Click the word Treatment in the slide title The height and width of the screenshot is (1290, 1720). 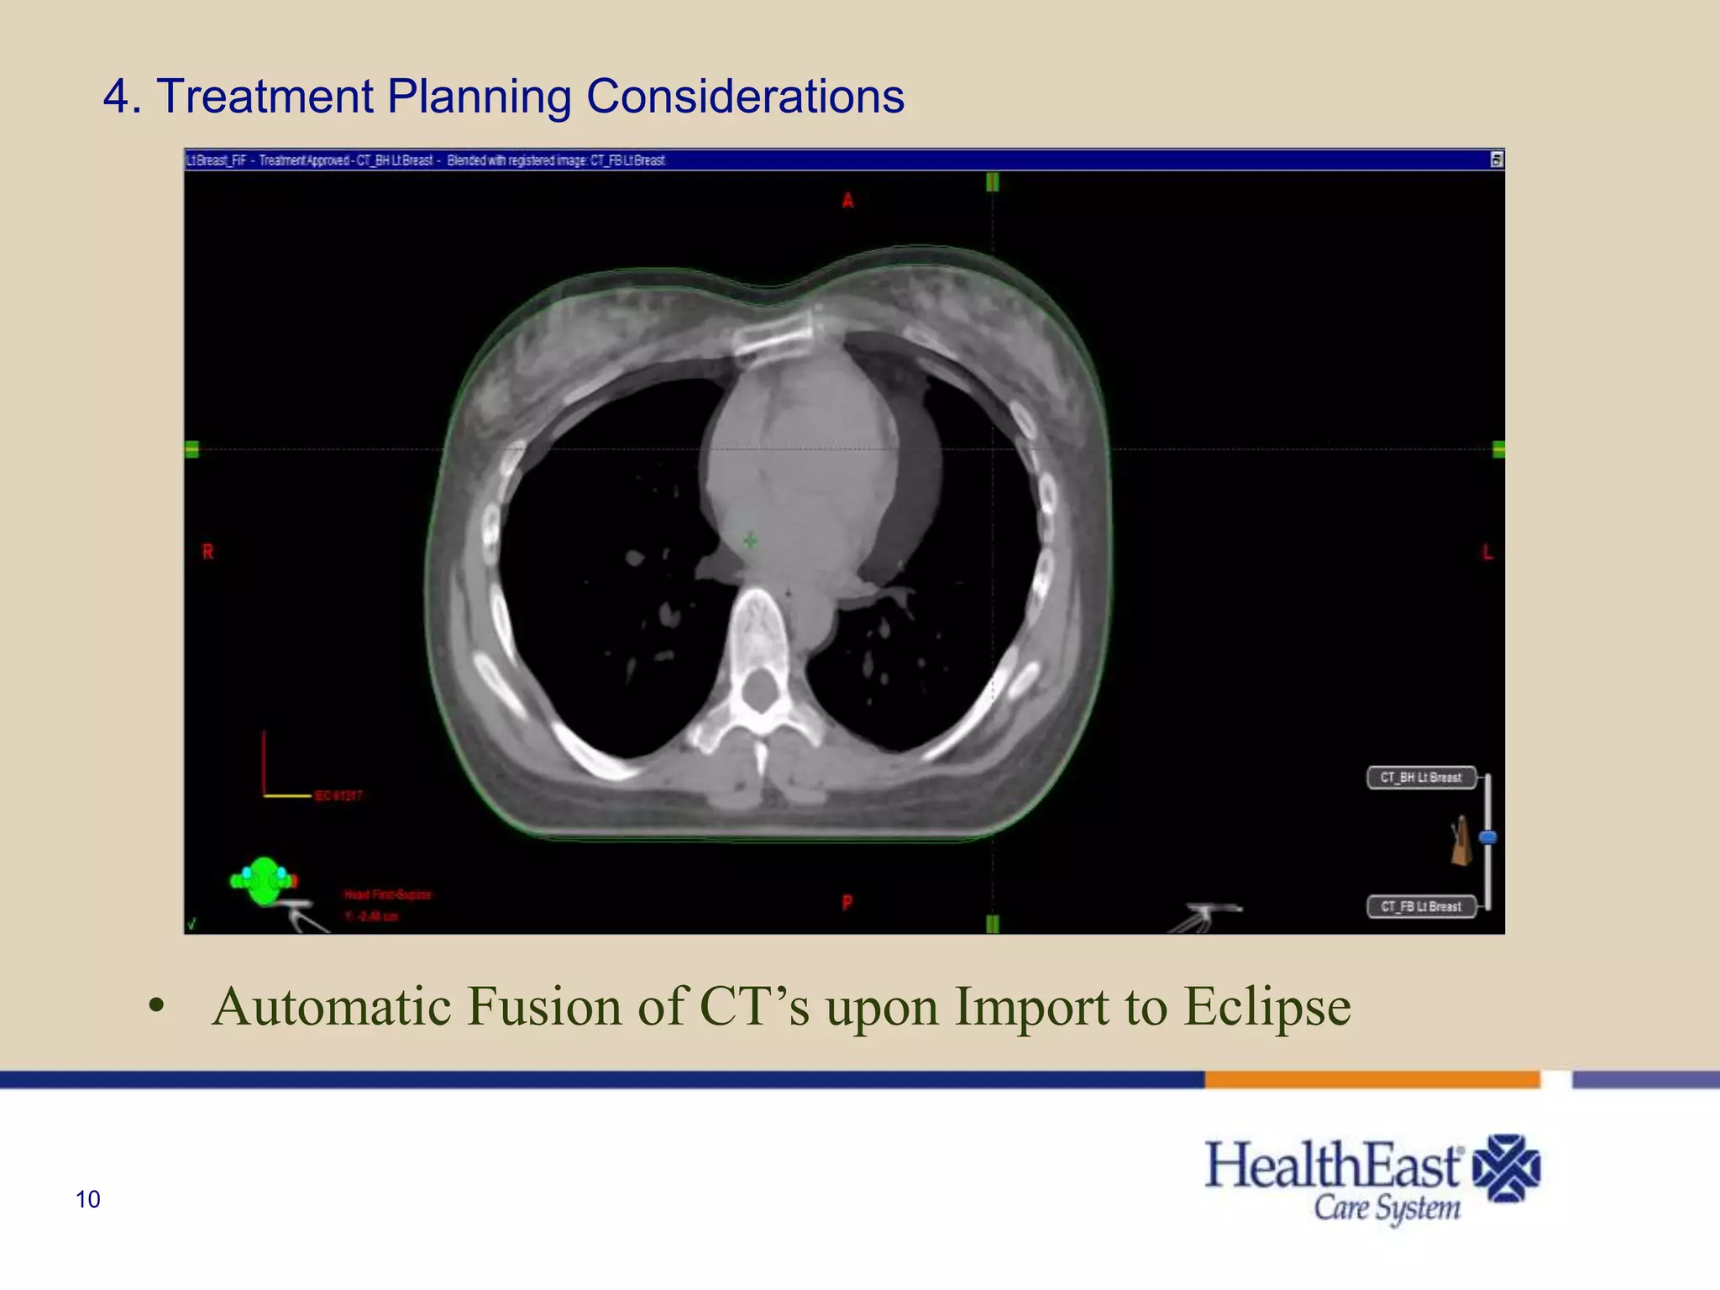tap(264, 96)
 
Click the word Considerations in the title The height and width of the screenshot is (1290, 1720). tap(745, 96)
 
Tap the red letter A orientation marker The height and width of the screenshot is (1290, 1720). tap(848, 201)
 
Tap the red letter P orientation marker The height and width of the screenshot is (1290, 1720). tap(847, 903)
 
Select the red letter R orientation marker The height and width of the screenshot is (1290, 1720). tap(208, 552)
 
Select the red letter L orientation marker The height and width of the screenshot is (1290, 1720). tap(1487, 552)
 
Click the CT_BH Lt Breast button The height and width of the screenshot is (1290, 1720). tap(1421, 778)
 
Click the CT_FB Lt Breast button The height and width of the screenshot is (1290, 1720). tap(1421, 906)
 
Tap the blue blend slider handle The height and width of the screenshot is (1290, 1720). tap(1487, 837)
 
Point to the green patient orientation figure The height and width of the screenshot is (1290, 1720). tap(264, 881)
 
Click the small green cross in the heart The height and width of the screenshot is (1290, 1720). tap(750, 540)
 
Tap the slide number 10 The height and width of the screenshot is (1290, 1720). tap(88, 1199)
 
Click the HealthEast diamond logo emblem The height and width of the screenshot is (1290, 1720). tap(1508, 1168)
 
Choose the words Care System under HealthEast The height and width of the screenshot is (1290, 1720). tap(1387, 1209)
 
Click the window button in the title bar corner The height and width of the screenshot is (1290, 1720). tap(1496, 160)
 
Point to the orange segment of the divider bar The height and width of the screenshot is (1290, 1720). tap(1371, 1080)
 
